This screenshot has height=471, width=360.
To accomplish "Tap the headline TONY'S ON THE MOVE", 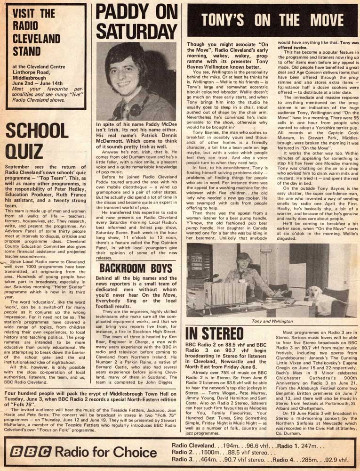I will (x=272, y=20).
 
